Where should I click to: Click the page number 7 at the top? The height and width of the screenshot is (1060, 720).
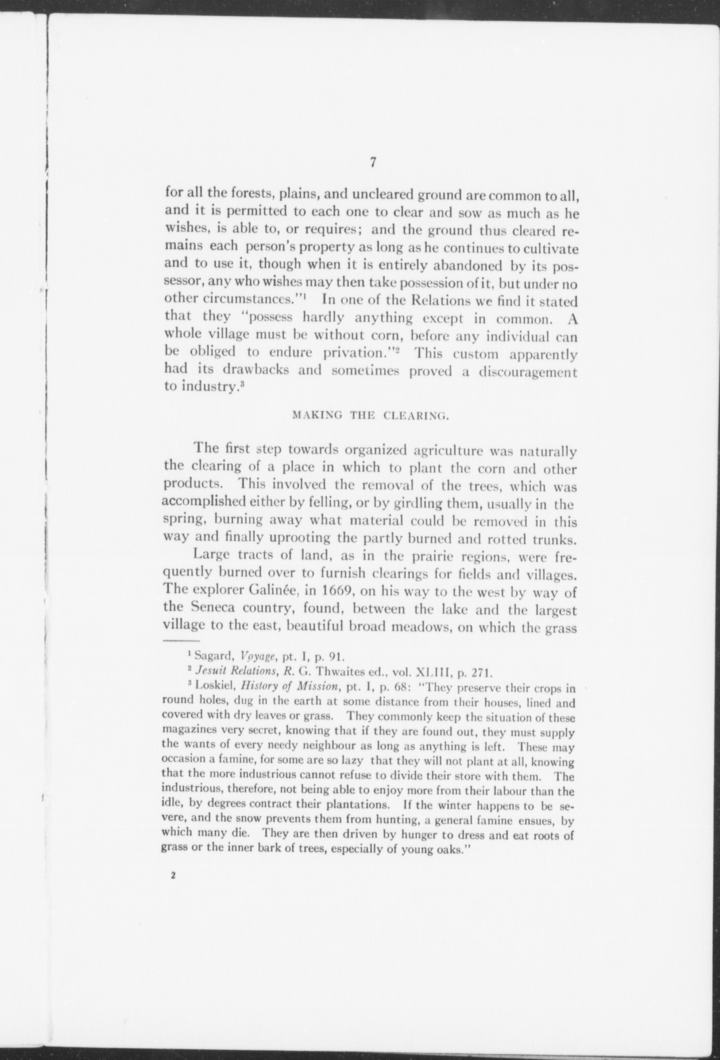click(373, 162)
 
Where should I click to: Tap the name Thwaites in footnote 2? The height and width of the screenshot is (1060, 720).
click(338, 673)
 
